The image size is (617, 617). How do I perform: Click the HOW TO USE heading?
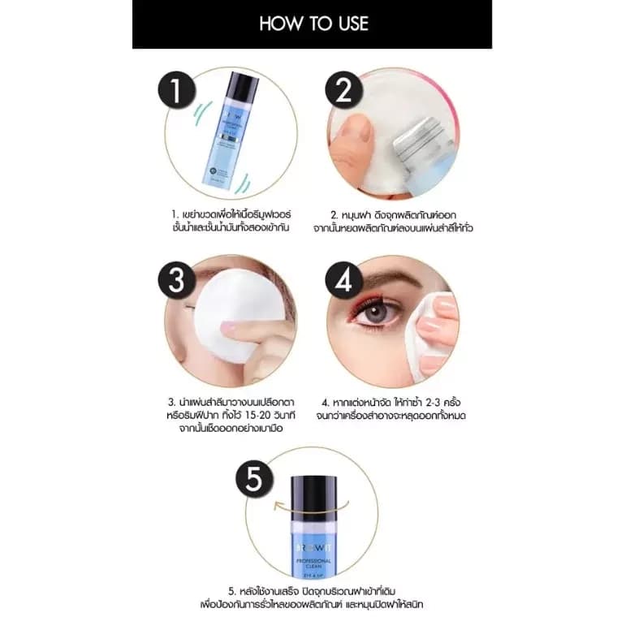pyautogui.click(x=313, y=24)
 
